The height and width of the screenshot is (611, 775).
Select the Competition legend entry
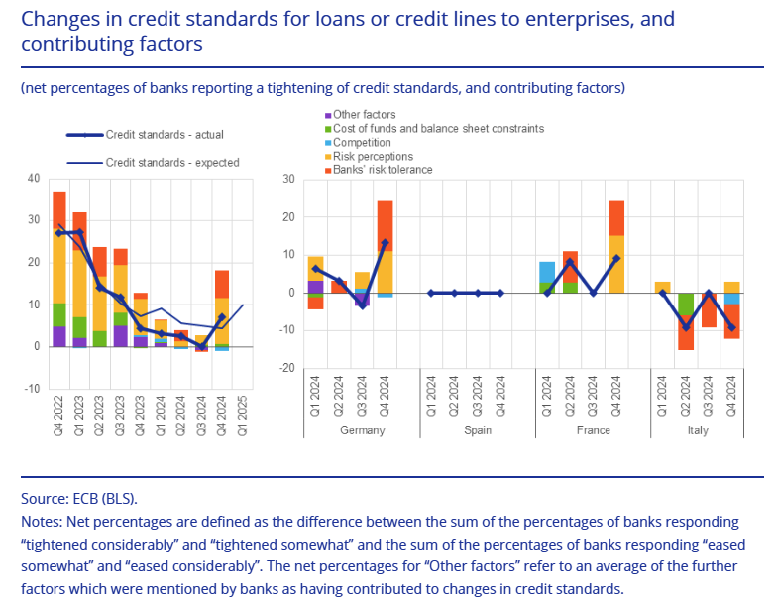coord(362,143)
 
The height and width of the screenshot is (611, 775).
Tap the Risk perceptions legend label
coord(372,157)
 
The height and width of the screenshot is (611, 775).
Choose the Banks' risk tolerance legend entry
coord(382,170)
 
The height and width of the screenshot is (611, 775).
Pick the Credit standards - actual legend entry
coord(164,135)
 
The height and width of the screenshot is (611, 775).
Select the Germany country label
coord(362,430)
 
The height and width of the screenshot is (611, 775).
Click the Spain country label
coord(477,430)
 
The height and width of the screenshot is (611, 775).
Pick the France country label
coord(592,430)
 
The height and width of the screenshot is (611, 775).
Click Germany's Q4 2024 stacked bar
coord(385,248)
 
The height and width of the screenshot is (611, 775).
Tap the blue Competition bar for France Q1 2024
coord(547,272)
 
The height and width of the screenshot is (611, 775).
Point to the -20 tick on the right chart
coord(289,368)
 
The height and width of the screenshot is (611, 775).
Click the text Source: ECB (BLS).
coord(78,498)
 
